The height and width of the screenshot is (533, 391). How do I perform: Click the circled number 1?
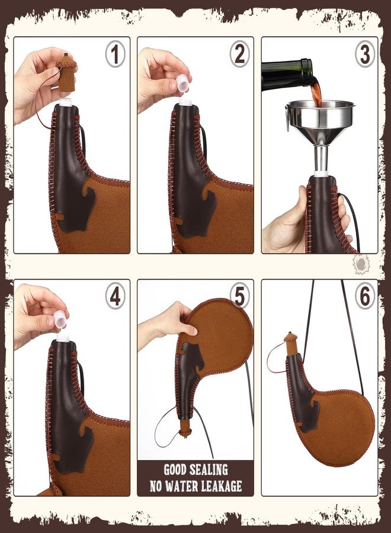point(115,54)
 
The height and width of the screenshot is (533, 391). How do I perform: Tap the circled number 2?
point(239,54)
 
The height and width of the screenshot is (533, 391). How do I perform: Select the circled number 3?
point(365,54)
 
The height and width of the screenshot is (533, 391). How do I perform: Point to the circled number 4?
point(116,297)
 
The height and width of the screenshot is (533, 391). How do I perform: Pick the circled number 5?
point(240,297)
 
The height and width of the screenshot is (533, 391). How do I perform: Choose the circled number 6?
point(365,297)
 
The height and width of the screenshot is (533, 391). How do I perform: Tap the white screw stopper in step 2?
point(182,84)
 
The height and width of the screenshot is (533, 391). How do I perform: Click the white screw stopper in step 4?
point(60,319)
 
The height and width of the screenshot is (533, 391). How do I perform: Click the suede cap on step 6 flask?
point(291,344)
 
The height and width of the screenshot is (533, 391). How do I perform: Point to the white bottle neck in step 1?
point(66,101)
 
